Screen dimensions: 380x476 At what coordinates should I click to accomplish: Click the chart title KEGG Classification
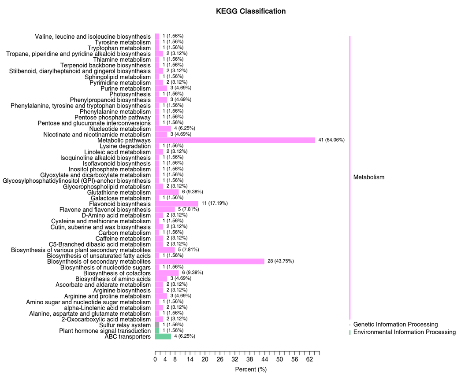pyautogui.click(x=251, y=11)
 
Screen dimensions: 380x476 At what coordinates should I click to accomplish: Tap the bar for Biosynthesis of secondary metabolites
pyautogui.click(x=209, y=262)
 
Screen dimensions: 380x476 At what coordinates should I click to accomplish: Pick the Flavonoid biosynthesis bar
pyautogui.click(x=177, y=204)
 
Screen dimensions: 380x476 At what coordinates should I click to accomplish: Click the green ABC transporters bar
pyautogui.click(x=163, y=336)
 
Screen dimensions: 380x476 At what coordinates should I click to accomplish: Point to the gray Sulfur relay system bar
pyautogui.click(x=157, y=325)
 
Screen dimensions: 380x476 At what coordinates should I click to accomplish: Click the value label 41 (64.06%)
pyautogui.click(x=331, y=140)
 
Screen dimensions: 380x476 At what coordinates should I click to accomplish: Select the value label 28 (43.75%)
pyautogui.click(x=280, y=261)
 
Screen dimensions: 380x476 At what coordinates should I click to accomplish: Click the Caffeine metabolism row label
pyautogui.click(x=123, y=239)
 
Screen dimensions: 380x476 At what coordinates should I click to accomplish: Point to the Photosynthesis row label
pyautogui.click(x=130, y=94)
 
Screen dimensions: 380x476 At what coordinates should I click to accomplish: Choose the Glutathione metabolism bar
pyautogui.click(x=167, y=192)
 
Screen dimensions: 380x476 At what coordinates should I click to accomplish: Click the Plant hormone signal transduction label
pyautogui.click(x=105, y=331)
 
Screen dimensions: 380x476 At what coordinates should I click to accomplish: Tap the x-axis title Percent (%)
pyautogui.click(x=251, y=369)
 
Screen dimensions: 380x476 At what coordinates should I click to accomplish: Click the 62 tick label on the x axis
pyautogui.click(x=309, y=360)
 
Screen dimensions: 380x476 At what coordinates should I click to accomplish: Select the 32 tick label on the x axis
pyautogui.click(x=235, y=360)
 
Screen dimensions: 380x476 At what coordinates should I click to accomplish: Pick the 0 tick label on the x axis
pyautogui.click(x=155, y=360)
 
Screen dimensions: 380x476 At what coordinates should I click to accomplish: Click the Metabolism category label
pyautogui.click(x=369, y=177)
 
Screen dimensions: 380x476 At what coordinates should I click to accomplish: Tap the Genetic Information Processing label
pyautogui.click(x=395, y=325)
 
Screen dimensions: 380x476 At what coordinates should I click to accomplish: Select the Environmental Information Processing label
pyautogui.click(x=404, y=332)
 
